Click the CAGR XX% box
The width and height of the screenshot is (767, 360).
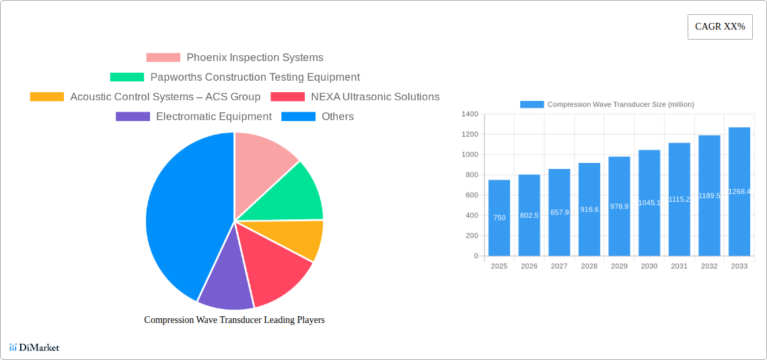click(720, 27)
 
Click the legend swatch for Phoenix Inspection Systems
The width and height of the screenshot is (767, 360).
click(163, 58)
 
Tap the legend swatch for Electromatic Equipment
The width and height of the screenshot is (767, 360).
click(133, 116)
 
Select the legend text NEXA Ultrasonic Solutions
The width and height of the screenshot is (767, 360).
click(375, 97)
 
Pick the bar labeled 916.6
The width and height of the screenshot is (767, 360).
click(589, 209)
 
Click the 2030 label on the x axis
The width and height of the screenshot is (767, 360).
click(649, 266)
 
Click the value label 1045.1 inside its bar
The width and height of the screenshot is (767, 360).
click(649, 203)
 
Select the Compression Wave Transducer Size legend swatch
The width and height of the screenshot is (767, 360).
click(532, 104)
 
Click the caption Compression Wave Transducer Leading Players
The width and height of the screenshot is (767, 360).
click(234, 320)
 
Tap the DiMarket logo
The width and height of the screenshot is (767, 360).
click(34, 347)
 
